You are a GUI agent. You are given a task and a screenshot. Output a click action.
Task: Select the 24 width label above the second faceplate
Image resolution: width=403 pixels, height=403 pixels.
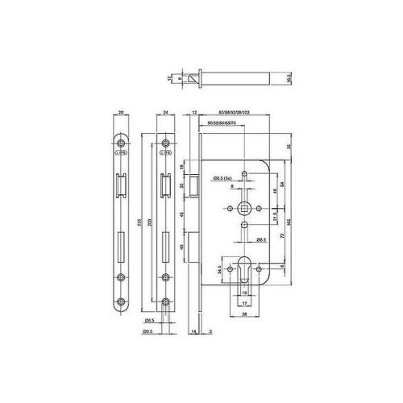click(164, 114)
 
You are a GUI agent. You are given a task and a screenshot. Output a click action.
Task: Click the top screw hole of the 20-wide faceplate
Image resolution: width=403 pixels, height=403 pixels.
click(119, 148)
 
